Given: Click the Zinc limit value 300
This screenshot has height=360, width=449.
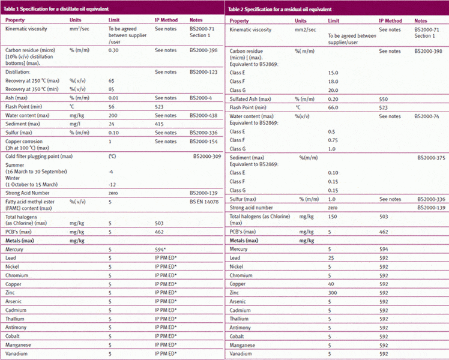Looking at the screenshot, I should coord(333,292).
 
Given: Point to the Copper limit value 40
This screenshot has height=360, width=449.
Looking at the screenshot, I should coord(331,283).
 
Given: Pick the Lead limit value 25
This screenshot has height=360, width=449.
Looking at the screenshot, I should coord(331,257).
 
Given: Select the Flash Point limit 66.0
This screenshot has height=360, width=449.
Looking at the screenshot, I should coord(333,107).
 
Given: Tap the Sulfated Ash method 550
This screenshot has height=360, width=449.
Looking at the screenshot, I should coord(384,98).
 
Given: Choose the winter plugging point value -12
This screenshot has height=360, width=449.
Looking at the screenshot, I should coord(112,184).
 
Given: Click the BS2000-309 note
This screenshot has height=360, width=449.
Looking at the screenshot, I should coord(207,156).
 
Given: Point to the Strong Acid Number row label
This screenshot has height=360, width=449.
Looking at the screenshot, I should coord(30,193).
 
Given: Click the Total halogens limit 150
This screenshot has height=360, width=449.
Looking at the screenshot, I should coord(333,216).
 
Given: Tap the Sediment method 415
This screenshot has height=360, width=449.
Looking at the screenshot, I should coord(160,123).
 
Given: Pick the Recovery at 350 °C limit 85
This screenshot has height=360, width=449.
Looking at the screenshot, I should coord(112,89).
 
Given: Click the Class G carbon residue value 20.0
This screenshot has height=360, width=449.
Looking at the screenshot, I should coord(333,89).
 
